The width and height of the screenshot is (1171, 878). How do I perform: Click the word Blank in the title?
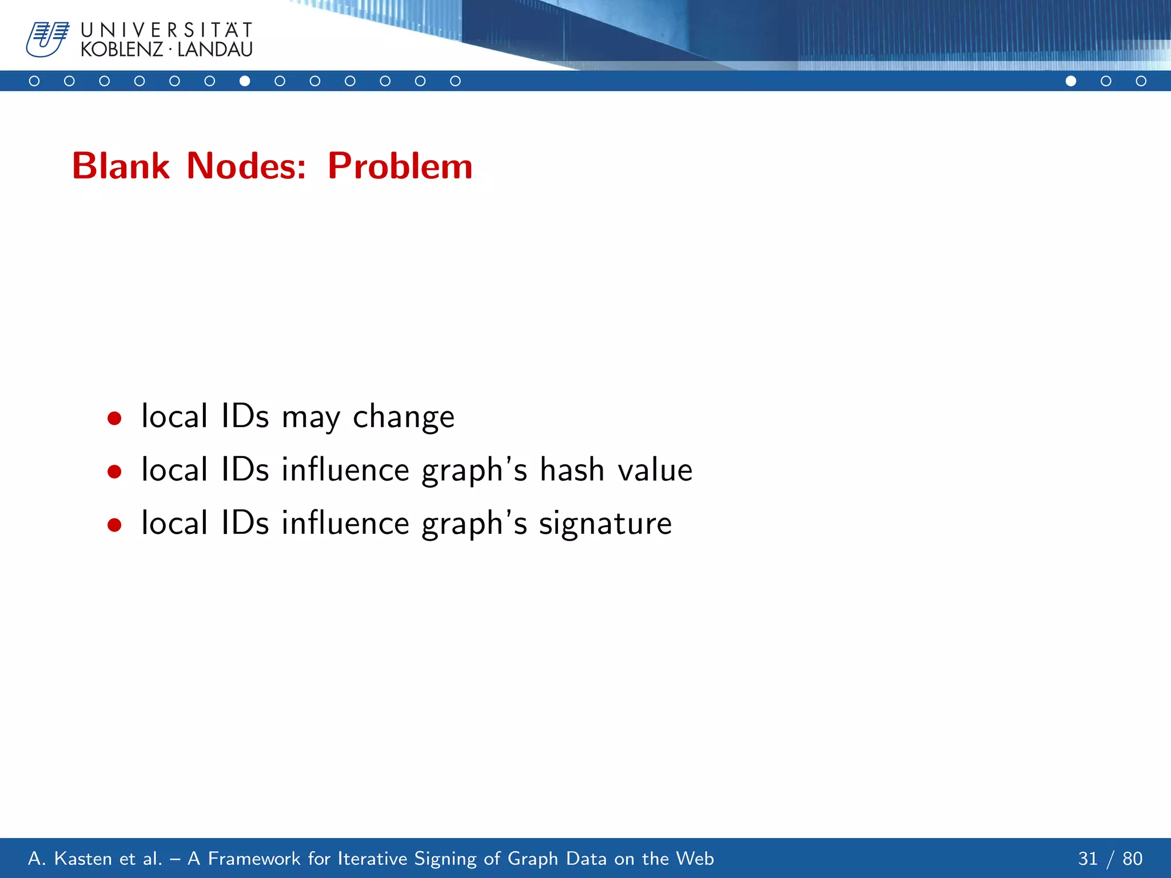tap(121, 166)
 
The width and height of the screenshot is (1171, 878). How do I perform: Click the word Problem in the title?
tap(400, 166)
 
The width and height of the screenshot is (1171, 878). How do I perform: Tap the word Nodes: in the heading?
tap(246, 166)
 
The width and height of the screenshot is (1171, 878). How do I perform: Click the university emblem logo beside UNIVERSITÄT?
tap(47, 39)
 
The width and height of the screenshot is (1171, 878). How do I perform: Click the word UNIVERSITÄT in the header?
tap(166, 30)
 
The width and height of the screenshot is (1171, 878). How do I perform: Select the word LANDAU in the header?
tap(215, 50)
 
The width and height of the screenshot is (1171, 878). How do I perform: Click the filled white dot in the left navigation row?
tap(245, 81)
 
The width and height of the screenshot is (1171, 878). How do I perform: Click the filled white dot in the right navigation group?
tap(1071, 81)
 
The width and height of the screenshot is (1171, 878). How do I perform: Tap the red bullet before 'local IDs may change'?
tap(114, 418)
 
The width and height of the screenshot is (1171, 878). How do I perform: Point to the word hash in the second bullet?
tap(572, 470)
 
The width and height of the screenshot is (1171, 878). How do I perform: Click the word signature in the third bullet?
tap(605, 524)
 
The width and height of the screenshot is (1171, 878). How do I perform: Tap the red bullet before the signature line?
tap(114, 525)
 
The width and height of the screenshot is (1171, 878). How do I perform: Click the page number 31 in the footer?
tap(1088, 859)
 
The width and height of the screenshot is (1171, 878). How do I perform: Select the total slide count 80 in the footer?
tap(1132, 859)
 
